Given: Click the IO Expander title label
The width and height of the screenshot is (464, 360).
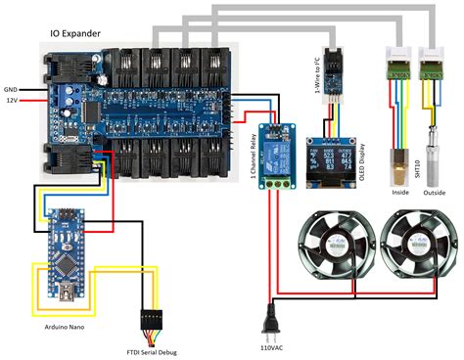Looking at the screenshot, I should (x=80, y=31).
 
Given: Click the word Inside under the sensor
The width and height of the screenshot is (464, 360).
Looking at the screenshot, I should (x=399, y=193).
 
